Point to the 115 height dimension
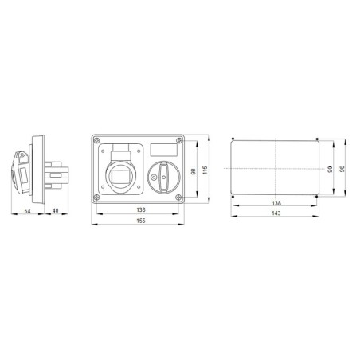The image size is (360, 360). (205, 171)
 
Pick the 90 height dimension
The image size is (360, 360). (328, 170)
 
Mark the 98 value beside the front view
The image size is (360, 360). (194, 171)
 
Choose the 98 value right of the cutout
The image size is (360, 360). (341, 170)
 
